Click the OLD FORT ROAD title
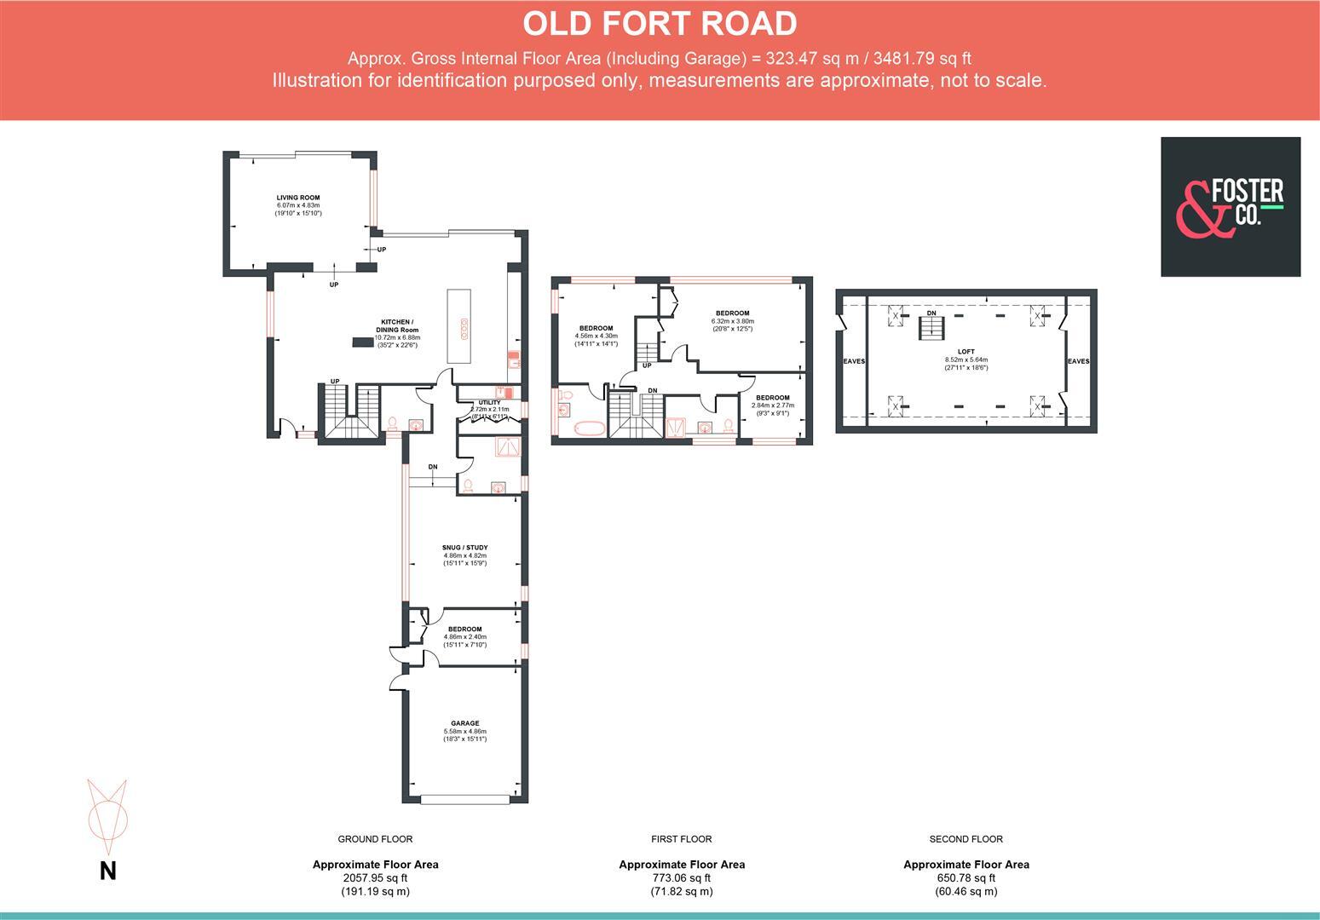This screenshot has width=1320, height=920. coord(660,24)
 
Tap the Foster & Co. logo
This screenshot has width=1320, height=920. coord(1230,207)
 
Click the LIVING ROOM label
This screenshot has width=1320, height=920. coord(297,198)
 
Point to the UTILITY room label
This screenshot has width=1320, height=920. coord(489,402)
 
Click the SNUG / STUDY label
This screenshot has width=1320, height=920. coord(464,548)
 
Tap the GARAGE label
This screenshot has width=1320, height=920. coord(464,723)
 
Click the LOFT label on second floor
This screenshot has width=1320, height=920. coord(966,351)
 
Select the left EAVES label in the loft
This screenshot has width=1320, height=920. coord(853,361)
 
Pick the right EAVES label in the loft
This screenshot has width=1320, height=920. coord(1078,361)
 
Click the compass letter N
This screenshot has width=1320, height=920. coord(108,871)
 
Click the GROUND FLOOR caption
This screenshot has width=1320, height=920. coord(375,839)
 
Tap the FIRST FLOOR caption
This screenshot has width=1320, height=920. coord(681,839)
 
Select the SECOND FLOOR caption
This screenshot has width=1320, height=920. coord(966,839)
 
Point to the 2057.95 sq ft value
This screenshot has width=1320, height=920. coord(375,878)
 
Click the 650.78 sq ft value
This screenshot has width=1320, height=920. coord(966,878)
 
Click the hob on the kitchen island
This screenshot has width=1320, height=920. coord(464,329)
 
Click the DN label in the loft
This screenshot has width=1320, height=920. coord(931,313)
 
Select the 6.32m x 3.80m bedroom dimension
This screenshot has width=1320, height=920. coord(732,321)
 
